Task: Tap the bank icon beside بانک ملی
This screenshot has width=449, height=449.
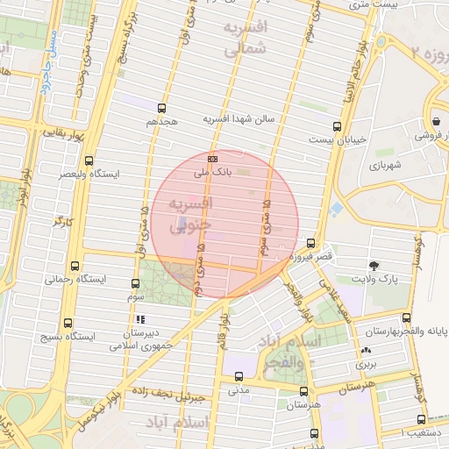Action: (213, 159)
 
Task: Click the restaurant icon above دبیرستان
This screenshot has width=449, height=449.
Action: (140, 319)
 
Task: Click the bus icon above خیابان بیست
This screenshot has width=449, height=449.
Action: (339, 126)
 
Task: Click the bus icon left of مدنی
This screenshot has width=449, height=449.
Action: (239, 377)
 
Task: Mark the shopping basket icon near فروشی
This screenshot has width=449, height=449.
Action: (436, 121)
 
